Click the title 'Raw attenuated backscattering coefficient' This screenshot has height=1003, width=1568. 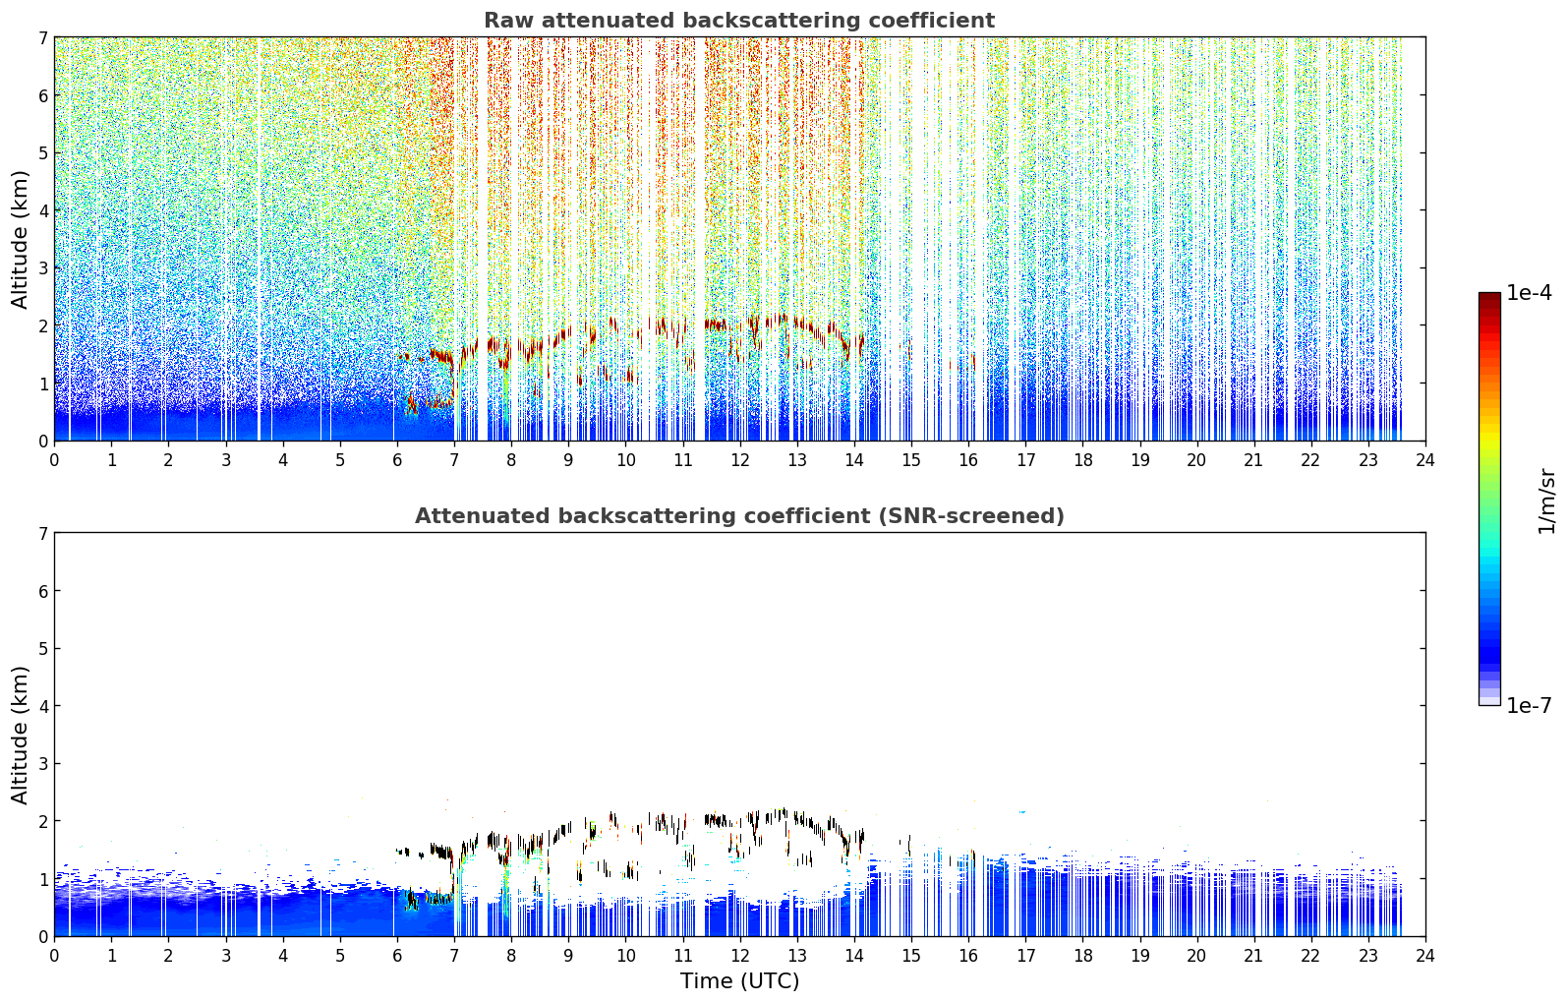(x=739, y=21)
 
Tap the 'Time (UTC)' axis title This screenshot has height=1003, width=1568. (x=739, y=980)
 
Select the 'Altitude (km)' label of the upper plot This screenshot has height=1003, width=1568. (x=20, y=240)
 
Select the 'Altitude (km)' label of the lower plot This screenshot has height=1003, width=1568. (x=20, y=735)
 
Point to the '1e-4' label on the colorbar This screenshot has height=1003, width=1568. (x=1529, y=293)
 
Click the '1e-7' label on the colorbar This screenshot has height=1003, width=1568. (x=1529, y=705)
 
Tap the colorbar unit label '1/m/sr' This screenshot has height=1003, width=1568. (x=1545, y=501)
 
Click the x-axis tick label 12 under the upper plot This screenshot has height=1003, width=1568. (x=740, y=460)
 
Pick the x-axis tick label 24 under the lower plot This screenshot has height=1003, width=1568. (x=1425, y=956)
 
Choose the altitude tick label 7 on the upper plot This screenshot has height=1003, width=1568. (x=43, y=37)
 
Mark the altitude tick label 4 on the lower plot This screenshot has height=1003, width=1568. (x=43, y=706)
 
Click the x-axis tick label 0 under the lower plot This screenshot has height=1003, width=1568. (x=55, y=956)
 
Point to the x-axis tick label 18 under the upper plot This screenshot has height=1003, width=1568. (x=1083, y=460)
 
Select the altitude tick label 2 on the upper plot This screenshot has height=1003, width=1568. (x=43, y=325)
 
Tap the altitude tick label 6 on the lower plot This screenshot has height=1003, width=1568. (x=43, y=591)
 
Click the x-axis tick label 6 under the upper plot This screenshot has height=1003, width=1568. (x=397, y=460)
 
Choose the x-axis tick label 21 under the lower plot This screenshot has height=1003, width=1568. (x=1253, y=956)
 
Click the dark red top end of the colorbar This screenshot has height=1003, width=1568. (x=1489, y=297)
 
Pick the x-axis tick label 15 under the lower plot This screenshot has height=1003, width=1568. (x=911, y=956)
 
